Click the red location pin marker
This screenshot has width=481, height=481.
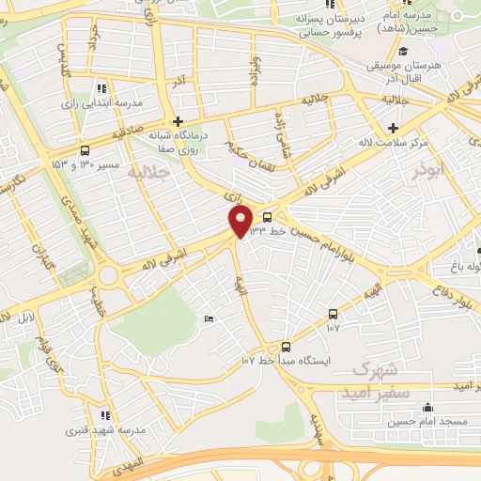240,222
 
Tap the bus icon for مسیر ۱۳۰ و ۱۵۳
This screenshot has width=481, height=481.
85,150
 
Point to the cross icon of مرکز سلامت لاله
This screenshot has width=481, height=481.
393,127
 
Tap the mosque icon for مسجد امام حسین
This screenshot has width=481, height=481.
428,407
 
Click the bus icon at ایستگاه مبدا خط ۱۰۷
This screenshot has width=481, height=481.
286,347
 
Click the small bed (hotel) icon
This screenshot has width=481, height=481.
209,320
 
